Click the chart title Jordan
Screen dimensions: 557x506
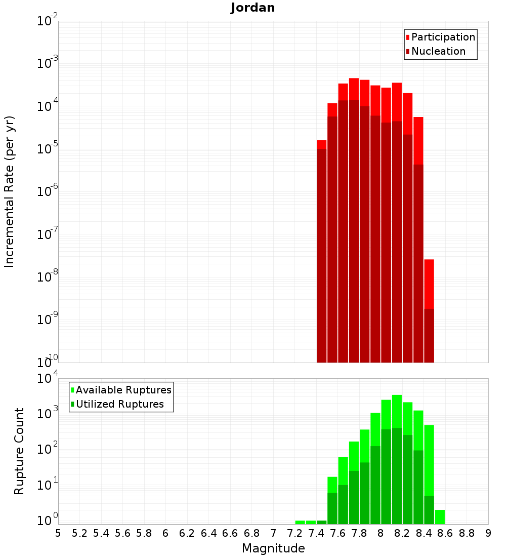(252, 8)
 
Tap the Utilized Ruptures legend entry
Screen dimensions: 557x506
(119, 404)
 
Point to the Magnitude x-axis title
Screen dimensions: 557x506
(273, 548)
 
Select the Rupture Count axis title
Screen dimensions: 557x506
(19, 451)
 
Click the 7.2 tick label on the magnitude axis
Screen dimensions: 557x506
(294, 533)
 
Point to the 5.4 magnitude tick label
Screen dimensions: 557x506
(101, 533)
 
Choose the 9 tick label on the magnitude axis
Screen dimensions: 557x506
(488, 533)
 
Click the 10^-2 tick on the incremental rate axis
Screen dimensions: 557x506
(48, 21)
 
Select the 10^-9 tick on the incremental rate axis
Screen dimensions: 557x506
(48, 320)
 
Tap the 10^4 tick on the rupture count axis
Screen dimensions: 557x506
(48, 378)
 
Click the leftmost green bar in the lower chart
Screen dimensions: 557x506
(300, 522)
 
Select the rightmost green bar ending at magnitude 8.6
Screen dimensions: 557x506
(440, 517)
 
